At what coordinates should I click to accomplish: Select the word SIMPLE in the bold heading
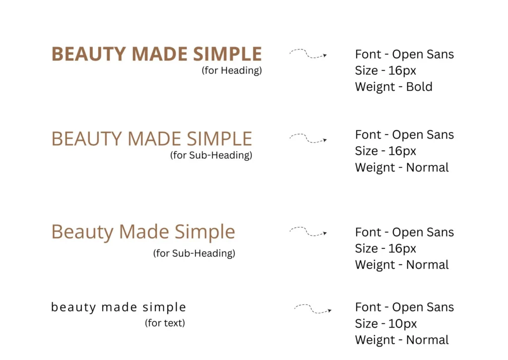click(x=227, y=54)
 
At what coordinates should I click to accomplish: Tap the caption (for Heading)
click(x=232, y=70)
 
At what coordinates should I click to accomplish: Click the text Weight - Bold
click(x=393, y=87)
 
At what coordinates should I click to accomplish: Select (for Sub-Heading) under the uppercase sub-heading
click(x=211, y=155)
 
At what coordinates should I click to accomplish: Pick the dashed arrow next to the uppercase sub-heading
click(x=307, y=139)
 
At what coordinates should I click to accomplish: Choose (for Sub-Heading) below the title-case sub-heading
click(x=194, y=253)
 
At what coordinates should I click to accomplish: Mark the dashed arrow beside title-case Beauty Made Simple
click(x=307, y=232)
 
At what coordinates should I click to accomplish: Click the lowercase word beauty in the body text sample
click(x=73, y=307)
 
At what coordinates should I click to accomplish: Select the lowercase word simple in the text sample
click(x=164, y=307)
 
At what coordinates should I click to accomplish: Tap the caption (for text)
click(x=165, y=323)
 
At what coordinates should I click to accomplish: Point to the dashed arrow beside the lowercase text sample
click(x=313, y=309)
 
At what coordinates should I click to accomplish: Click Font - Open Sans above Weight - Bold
click(x=404, y=55)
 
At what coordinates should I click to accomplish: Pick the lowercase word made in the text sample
click(x=119, y=307)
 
